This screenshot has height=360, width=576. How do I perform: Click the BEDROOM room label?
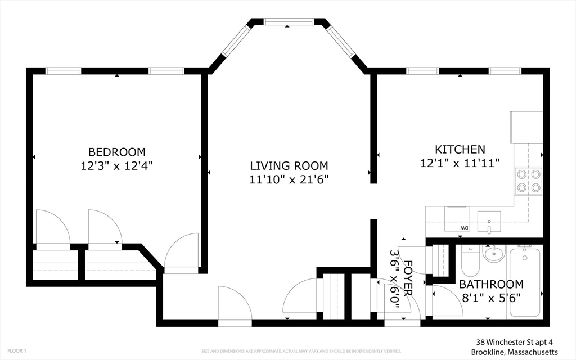click(116, 152)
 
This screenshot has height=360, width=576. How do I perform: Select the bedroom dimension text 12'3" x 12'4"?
click(116, 166)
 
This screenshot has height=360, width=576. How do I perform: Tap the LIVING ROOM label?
click(289, 166)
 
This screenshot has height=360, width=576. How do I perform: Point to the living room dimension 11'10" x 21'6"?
click(289, 180)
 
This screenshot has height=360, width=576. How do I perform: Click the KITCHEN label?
click(460, 150)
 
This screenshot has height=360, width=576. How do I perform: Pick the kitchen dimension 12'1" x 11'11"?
click(460, 163)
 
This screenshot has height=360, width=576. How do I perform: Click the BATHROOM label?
click(491, 284)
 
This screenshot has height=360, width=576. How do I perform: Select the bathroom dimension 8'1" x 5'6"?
click(491, 298)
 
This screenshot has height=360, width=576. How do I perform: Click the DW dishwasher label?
click(465, 227)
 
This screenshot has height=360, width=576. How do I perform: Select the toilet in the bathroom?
click(469, 260)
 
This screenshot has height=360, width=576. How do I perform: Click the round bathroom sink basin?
click(494, 254)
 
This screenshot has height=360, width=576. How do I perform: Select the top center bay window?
click(289, 22)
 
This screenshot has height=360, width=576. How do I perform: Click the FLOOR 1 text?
click(17, 351)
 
